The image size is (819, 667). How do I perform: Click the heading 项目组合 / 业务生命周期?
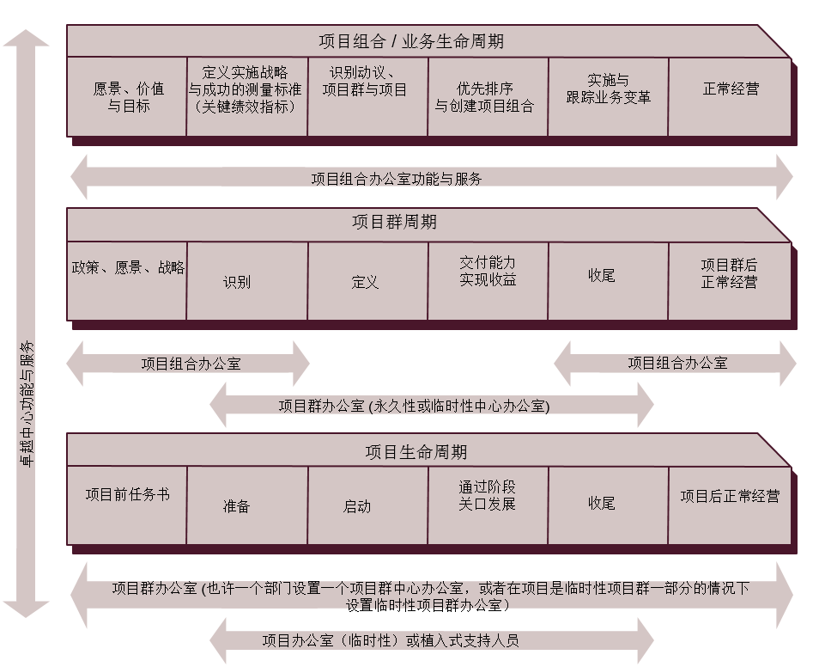[x=411, y=41]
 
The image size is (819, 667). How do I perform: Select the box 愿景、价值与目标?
[x=127, y=97]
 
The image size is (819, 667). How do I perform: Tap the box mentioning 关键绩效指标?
[x=247, y=97]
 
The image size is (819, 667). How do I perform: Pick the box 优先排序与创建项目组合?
[x=488, y=97]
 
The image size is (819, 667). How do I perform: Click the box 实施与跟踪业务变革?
[x=608, y=97]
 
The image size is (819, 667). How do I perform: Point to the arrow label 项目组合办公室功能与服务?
[x=397, y=179]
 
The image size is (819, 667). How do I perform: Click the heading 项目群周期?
[x=394, y=222]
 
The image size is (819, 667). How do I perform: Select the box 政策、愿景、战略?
[x=127, y=281]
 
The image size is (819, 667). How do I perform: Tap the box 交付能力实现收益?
[x=488, y=281]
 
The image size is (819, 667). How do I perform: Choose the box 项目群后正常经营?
[x=729, y=281]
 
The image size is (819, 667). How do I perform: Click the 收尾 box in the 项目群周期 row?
[x=608, y=281]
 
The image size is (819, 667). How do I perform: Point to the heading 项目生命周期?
[x=416, y=451]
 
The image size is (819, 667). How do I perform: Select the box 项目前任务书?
[x=127, y=505]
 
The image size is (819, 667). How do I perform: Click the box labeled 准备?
[x=247, y=505]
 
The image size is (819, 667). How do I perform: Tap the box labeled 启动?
[x=367, y=505]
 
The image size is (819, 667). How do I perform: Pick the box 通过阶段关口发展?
[x=488, y=505]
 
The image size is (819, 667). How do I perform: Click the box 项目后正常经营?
[x=729, y=505]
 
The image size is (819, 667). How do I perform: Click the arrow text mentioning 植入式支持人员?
[x=391, y=640]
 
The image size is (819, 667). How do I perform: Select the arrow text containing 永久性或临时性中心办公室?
[x=414, y=406]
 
